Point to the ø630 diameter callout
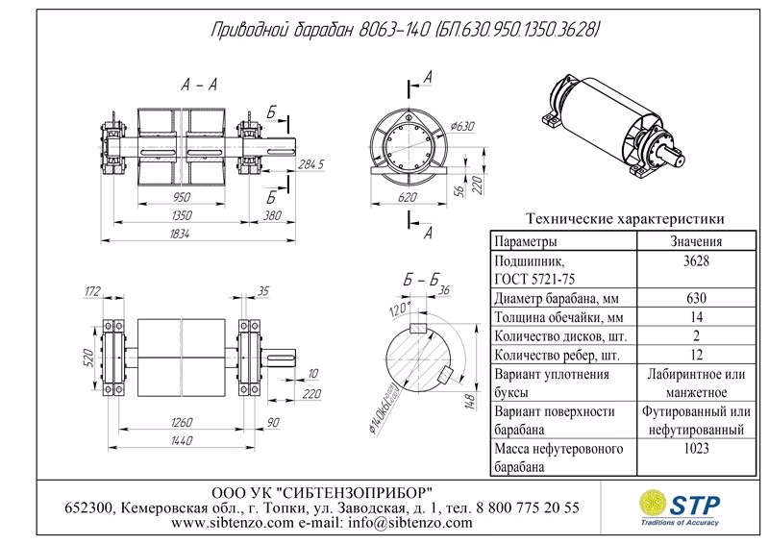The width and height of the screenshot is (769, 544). tap(463, 126)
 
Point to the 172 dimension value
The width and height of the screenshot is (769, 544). tap(93, 289)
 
